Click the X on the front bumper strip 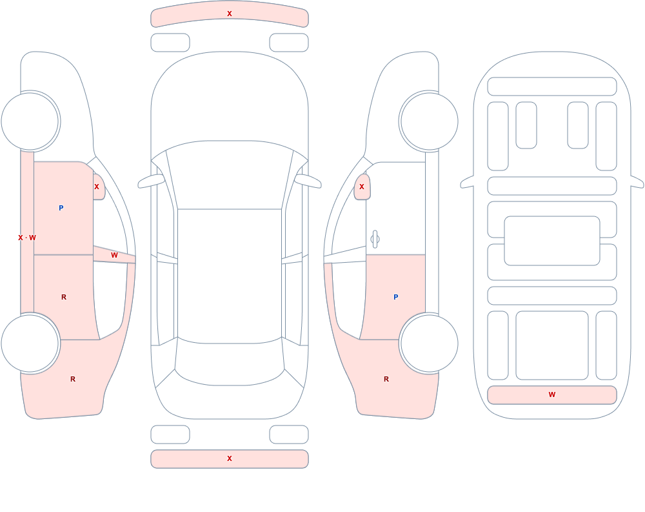[230, 14]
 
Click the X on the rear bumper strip [230, 458]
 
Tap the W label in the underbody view [552, 394]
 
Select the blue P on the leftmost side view [61, 208]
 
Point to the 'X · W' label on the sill [27, 238]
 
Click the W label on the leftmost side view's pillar [114, 256]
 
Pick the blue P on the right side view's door [396, 297]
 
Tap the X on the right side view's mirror [362, 187]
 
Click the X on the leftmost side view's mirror [97, 187]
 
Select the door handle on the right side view [375, 240]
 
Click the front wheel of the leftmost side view [30, 121]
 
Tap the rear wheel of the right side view [429, 343]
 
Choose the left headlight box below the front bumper [170, 43]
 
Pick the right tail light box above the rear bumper [289, 435]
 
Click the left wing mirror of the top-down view [152, 181]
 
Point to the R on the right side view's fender [386, 379]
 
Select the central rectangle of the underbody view [552, 241]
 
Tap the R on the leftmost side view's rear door [64, 297]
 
